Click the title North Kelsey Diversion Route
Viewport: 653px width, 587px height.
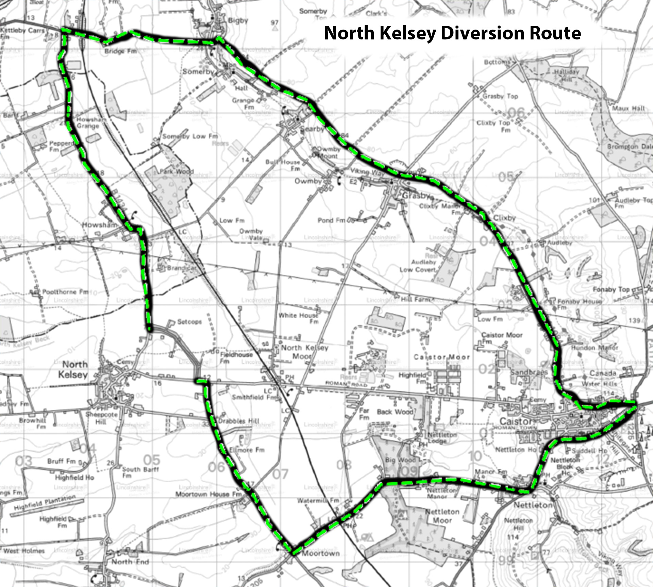coord(452,33)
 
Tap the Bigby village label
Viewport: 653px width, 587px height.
coord(238,20)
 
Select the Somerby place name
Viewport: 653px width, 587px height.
coord(198,72)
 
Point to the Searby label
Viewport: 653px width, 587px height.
coord(312,129)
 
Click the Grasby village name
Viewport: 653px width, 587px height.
coord(416,196)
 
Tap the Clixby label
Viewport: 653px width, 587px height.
coord(504,218)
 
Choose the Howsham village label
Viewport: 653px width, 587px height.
coord(99,225)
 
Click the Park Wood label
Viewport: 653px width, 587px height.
coord(177,171)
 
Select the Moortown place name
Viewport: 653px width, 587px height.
coord(321,553)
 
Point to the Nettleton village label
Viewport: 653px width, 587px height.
coord(533,505)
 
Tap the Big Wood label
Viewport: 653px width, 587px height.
coord(400,460)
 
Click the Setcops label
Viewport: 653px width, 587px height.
coord(189,322)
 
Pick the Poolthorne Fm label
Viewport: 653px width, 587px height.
coord(65,292)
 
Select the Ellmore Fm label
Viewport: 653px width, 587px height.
coord(247,450)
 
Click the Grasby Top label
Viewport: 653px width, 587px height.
coord(500,96)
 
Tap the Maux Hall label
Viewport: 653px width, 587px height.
coord(628,108)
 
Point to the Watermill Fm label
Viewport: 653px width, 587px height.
coord(318,501)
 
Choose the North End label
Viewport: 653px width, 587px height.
coord(130,562)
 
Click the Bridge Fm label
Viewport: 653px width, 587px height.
coord(120,51)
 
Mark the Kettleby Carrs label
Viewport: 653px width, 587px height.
coord(22,31)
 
